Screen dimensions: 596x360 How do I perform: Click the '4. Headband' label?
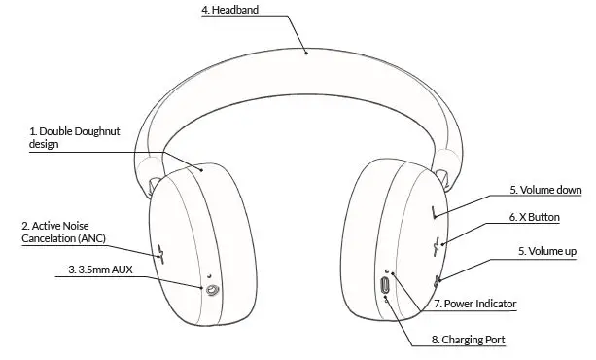pos(231,11)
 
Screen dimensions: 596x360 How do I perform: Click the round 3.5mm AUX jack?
pos(210,289)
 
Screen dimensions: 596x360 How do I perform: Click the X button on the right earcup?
pos(439,244)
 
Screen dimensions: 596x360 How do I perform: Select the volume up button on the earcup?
pos(438,279)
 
